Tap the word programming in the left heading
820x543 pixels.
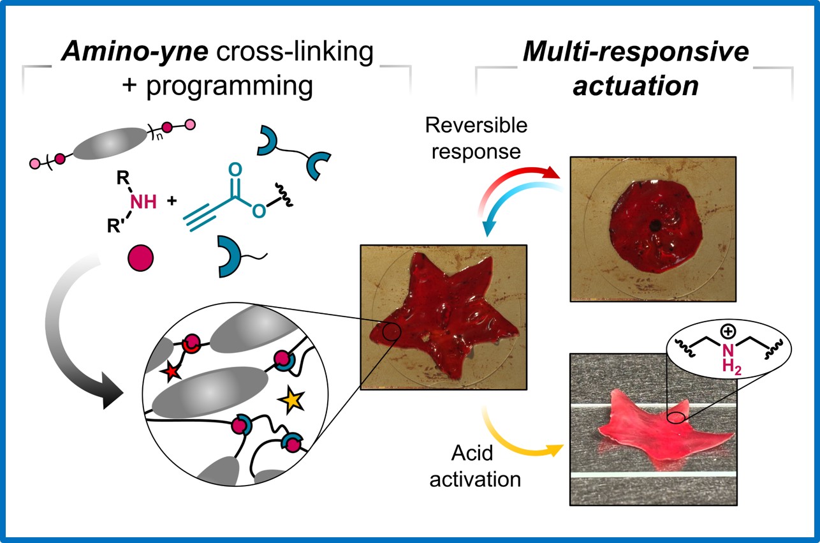coord(242,87)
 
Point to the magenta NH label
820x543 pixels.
coord(143,202)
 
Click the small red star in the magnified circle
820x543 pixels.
coord(171,372)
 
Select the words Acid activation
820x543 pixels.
coord(474,466)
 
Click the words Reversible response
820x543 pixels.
coord(477,138)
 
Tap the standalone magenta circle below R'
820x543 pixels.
coord(140,260)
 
